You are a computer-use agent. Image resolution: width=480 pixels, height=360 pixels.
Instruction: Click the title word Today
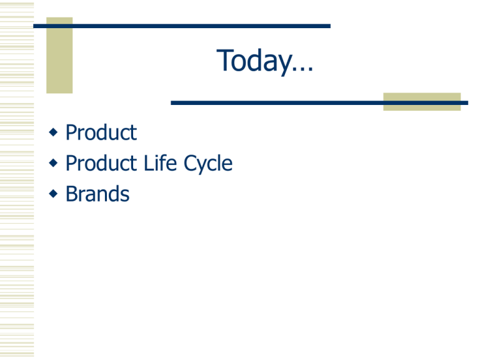[x=254, y=61]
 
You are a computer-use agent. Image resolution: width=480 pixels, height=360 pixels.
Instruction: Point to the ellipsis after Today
[x=302, y=69]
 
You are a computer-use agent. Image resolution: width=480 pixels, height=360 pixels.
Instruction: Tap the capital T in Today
[x=225, y=60]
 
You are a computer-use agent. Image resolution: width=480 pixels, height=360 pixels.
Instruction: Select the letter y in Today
[x=283, y=64]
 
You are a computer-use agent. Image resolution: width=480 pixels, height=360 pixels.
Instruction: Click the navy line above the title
[x=182, y=26]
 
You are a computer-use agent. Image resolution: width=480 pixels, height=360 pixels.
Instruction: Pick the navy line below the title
[x=319, y=103]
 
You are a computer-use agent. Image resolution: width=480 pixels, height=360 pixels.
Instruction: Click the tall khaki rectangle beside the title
[x=59, y=55]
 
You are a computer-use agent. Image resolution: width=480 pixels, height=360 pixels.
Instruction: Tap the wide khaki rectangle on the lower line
[x=422, y=102]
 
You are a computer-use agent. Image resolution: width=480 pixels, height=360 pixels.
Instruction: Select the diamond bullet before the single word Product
[x=53, y=132]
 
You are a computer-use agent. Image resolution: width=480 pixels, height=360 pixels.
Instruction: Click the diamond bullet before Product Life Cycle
[x=53, y=163]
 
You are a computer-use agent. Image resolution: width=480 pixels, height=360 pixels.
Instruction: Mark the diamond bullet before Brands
[x=53, y=194]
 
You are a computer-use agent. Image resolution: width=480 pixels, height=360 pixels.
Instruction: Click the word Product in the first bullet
[x=101, y=132]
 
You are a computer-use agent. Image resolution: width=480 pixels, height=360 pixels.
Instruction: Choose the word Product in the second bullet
[x=101, y=163]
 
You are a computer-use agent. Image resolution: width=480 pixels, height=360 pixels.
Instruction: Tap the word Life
[x=160, y=163]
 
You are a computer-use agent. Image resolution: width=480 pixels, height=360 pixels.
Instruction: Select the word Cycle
[x=208, y=164]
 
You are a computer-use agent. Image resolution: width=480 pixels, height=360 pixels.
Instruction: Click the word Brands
[x=97, y=194]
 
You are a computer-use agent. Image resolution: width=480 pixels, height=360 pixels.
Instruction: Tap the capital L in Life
[x=149, y=163]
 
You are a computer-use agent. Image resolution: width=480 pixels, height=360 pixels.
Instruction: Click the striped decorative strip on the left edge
[x=17, y=180]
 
